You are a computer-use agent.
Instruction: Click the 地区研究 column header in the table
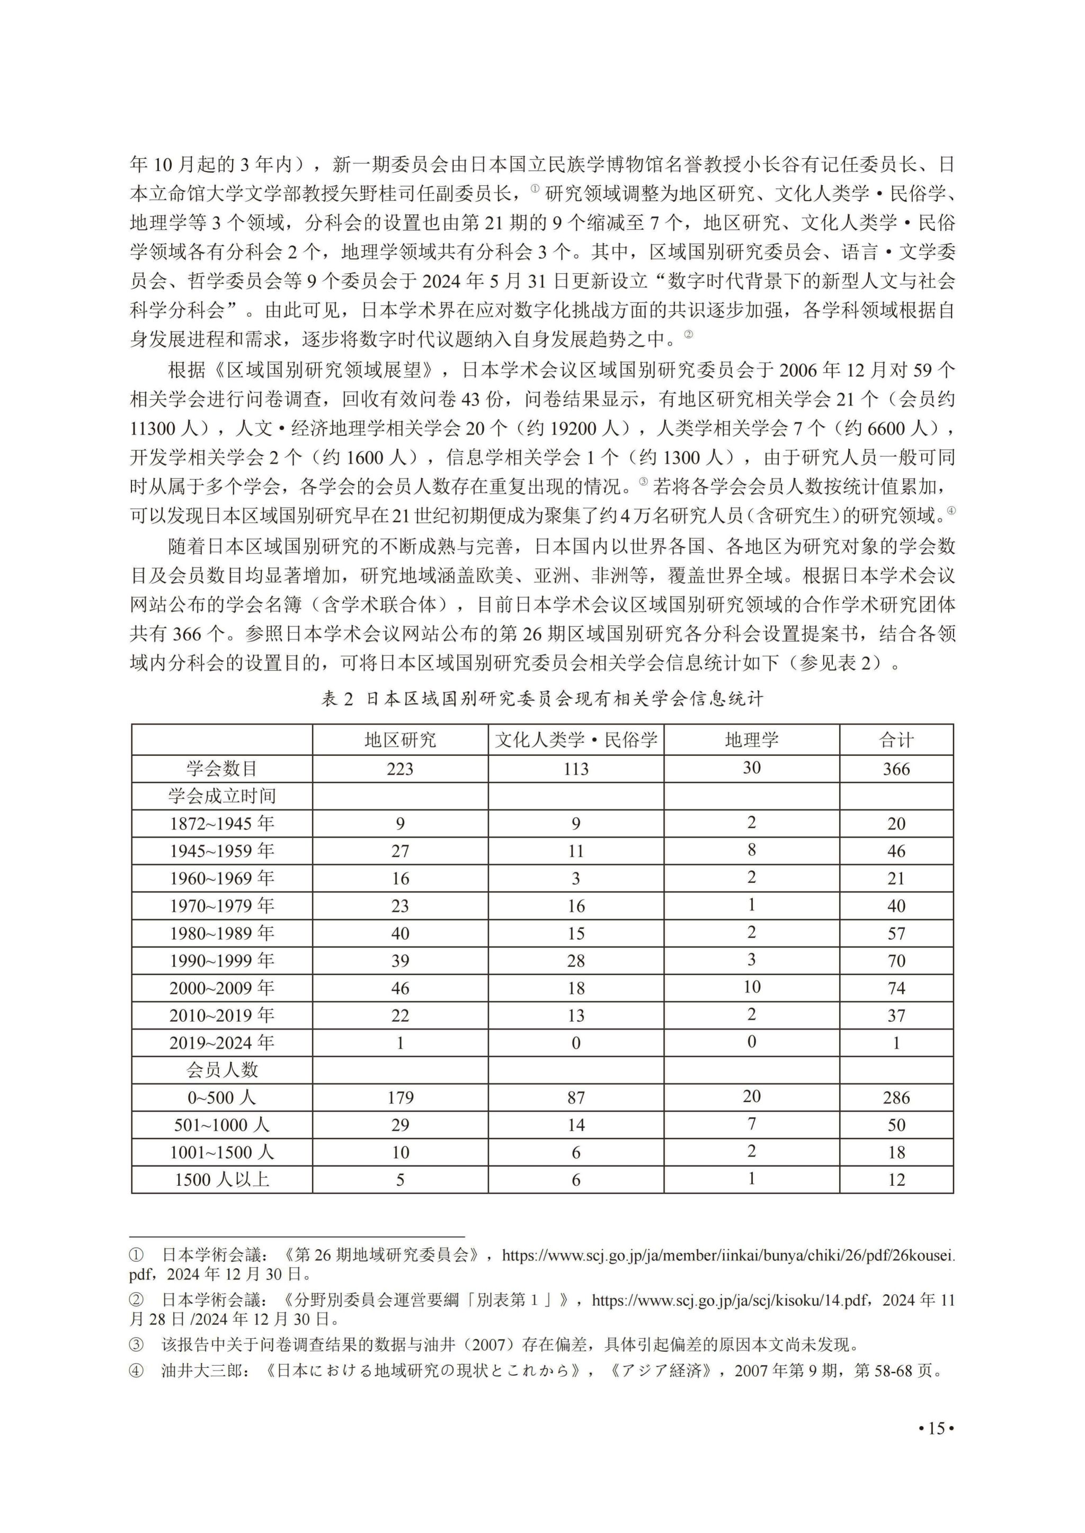click(x=399, y=740)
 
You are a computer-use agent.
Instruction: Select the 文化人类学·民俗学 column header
click(x=576, y=740)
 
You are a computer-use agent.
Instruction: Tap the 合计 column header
click(x=896, y=740)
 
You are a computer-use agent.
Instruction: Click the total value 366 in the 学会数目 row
click(x=896, y=769)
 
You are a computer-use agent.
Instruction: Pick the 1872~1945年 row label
click(x=222, y=823)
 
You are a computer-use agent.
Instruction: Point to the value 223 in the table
click(x=399, y=769)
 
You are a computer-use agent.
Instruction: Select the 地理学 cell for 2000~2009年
click(x=752, y=987)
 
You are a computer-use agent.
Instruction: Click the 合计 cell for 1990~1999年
click(x=896, y=960)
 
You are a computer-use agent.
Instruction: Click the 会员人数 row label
click(x=222, y=1070)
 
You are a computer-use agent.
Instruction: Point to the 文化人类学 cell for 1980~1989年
click(x=576, y=933)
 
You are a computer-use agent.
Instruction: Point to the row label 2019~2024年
click(x=222, y=1042)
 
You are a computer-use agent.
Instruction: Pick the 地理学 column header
click(x=752, y=740)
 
